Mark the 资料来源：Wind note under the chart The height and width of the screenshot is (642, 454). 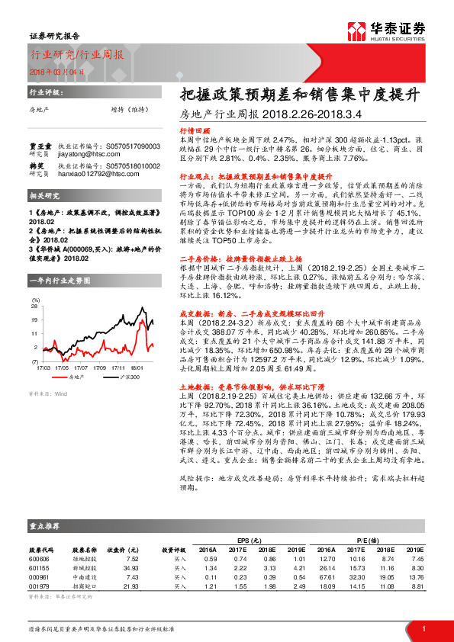(47, 373)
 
